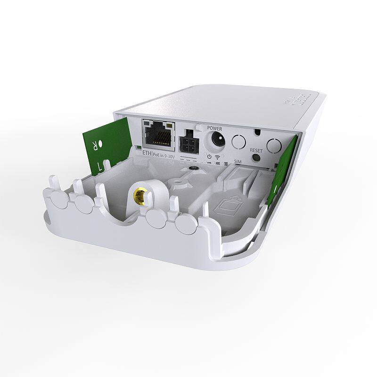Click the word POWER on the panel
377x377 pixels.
214,128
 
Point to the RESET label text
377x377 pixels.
256,150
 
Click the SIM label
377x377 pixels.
238,162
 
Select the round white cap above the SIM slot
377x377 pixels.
274,145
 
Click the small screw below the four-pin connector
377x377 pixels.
191,167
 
